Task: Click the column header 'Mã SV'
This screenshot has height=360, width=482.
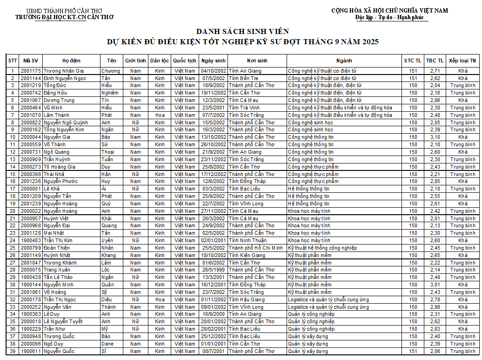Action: click(31, 61)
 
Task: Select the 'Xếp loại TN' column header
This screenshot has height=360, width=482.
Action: click(462, 61)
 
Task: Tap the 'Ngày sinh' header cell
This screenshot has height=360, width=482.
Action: click(214, 61)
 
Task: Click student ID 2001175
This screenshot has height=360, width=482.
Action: click(31, 71)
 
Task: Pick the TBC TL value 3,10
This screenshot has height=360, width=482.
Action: click(435, 137)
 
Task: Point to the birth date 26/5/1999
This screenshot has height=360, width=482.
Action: click(214, 270)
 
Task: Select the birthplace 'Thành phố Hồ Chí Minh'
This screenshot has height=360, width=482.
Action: click(255, 248)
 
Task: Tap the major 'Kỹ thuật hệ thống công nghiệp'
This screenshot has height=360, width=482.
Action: click(322, 248)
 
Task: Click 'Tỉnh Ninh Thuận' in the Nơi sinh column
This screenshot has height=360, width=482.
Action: click(248, 240)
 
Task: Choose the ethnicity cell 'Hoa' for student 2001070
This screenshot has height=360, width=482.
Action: click(160, 115)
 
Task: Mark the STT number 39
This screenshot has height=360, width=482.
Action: click(13, 351)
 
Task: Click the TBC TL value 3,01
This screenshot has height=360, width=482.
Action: click(435, 285)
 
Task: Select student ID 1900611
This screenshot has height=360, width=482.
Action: click(31, 351)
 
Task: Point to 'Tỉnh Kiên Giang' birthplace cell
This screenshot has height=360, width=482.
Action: click(247, 255)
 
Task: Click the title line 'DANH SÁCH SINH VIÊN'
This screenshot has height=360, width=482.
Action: click(242, 31)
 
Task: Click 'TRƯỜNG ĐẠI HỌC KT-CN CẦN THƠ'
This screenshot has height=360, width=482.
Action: click(64, 17)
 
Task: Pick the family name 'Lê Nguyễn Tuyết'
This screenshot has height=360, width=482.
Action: click(63, 321)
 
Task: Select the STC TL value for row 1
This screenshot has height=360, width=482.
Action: click(413, 71)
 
